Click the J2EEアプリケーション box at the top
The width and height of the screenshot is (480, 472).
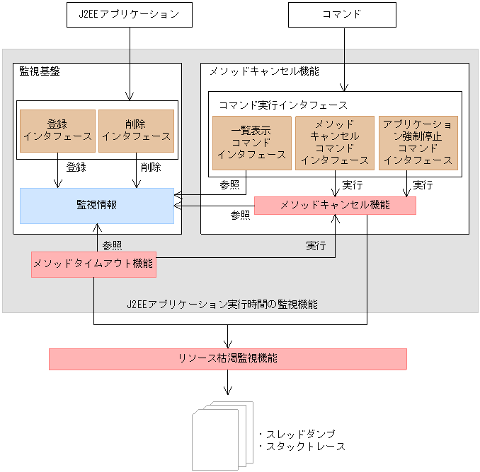pyautogui.click(x=129, y=15)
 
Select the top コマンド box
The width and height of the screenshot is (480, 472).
pyautogui.click(x=343, y=15)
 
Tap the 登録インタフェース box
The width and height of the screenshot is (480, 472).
pyautogui.click(x=57, y=131)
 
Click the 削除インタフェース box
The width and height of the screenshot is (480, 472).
pyautogui.click(x=136, y=131)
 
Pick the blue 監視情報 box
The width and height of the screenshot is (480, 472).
pyautogui.click(x=97, y=206)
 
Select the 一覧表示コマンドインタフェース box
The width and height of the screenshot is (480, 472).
pyautogui.click(x=251, y=143)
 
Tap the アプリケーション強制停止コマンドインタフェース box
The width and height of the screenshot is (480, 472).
pyautogui.click(x=418, y=143)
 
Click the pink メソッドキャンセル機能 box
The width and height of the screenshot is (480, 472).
pyautogui.click(x=334, y=206)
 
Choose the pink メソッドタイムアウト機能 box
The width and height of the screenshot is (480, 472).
pyautogui.click(x=93, y=264)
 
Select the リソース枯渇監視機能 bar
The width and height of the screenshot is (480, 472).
pyautogui.click(x=227, y=359)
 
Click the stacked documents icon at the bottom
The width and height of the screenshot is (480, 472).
pyautogui.click(x=222, y=436)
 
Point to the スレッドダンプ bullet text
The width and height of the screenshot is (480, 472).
pyautogui.click(x=298, y=434)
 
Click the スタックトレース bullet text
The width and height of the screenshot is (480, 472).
pyautogui.click(x=302, y=447)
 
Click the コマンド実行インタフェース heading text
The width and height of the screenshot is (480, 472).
pyautogui.click(x=282, y=105)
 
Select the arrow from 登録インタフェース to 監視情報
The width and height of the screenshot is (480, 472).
pyautogui.click(x=57, y=174)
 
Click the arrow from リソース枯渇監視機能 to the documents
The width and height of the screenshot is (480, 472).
pyautogui.click(x=227, y=382)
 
